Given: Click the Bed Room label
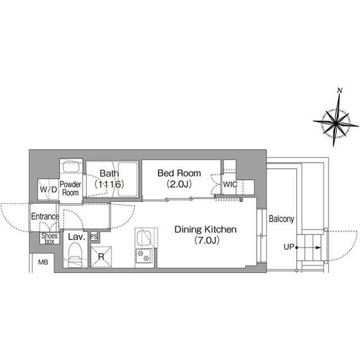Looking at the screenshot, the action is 179,173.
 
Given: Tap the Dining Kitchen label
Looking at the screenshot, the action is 205,229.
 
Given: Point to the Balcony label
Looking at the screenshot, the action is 281,219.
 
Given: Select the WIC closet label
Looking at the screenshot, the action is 230,184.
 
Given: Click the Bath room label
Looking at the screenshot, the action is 109,173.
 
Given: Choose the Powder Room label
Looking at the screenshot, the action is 70,188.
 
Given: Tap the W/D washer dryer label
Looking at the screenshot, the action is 48,190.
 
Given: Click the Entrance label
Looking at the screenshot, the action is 45,216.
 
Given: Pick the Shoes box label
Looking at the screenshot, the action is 49,238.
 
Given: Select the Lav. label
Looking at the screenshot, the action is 76,237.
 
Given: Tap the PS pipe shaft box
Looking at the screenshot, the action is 94,236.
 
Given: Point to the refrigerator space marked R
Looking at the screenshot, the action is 101,256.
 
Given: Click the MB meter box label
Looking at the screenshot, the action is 43,262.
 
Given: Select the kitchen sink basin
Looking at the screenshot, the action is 144,238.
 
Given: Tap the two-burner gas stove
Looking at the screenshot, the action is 143,256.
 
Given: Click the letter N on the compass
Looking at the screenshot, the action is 340,91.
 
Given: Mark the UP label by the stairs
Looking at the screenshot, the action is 289,247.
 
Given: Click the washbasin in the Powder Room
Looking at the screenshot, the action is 71,166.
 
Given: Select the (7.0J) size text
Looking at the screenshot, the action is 207,240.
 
